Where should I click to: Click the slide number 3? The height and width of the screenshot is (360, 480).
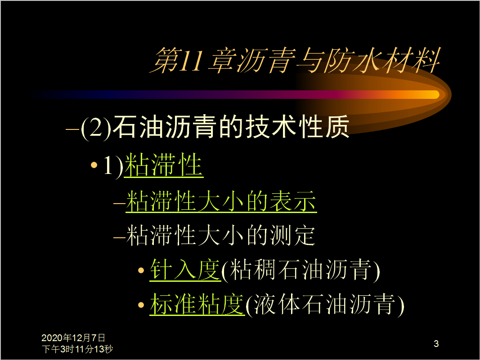click(x=436, y=344)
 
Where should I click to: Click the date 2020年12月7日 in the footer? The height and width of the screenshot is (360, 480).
click(x=73, y=338)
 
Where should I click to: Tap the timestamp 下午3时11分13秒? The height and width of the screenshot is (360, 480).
click(x=77, y=349)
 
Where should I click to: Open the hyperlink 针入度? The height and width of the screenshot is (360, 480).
click(x=185, y=270)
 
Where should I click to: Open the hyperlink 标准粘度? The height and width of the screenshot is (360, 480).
click(x=197, y=304)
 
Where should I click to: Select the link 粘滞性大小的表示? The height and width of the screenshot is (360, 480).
click(x=221, y=201)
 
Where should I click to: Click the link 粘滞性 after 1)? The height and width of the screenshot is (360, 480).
click(x=164, y=165)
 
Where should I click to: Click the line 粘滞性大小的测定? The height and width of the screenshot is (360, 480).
click(x=220, y=235)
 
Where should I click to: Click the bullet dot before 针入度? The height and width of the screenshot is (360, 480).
click(x=141, y=271)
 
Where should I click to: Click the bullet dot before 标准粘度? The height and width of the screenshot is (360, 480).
click(x=141, y=305)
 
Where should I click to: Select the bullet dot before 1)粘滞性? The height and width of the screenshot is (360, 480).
click(x=94, y=165)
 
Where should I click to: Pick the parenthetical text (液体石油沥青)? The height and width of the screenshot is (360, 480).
click(x=325, y=305)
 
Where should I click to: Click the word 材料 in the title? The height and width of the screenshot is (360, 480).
click(x=411, y=61)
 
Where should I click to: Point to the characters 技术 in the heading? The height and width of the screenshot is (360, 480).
click(x=259, y=127)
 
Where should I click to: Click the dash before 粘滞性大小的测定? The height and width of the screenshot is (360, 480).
click(x=119, y=237)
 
